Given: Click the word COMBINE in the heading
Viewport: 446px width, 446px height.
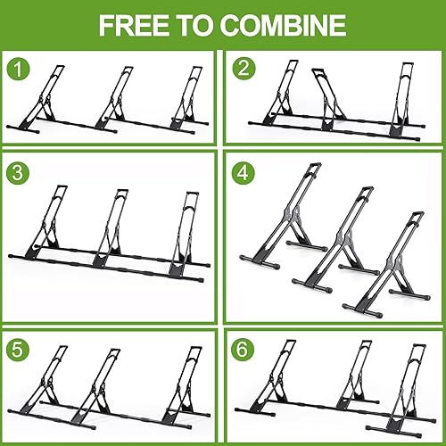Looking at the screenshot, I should (285, 25).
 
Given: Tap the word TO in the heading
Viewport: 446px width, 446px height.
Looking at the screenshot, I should (200, 25).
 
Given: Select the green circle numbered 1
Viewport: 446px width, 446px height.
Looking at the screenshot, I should (17, 67).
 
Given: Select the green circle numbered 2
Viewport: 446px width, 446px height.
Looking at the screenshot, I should (244, 67).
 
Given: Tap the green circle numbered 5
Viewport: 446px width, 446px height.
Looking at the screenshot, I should (17, 346).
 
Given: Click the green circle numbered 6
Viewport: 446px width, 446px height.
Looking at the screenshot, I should (244, 346).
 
